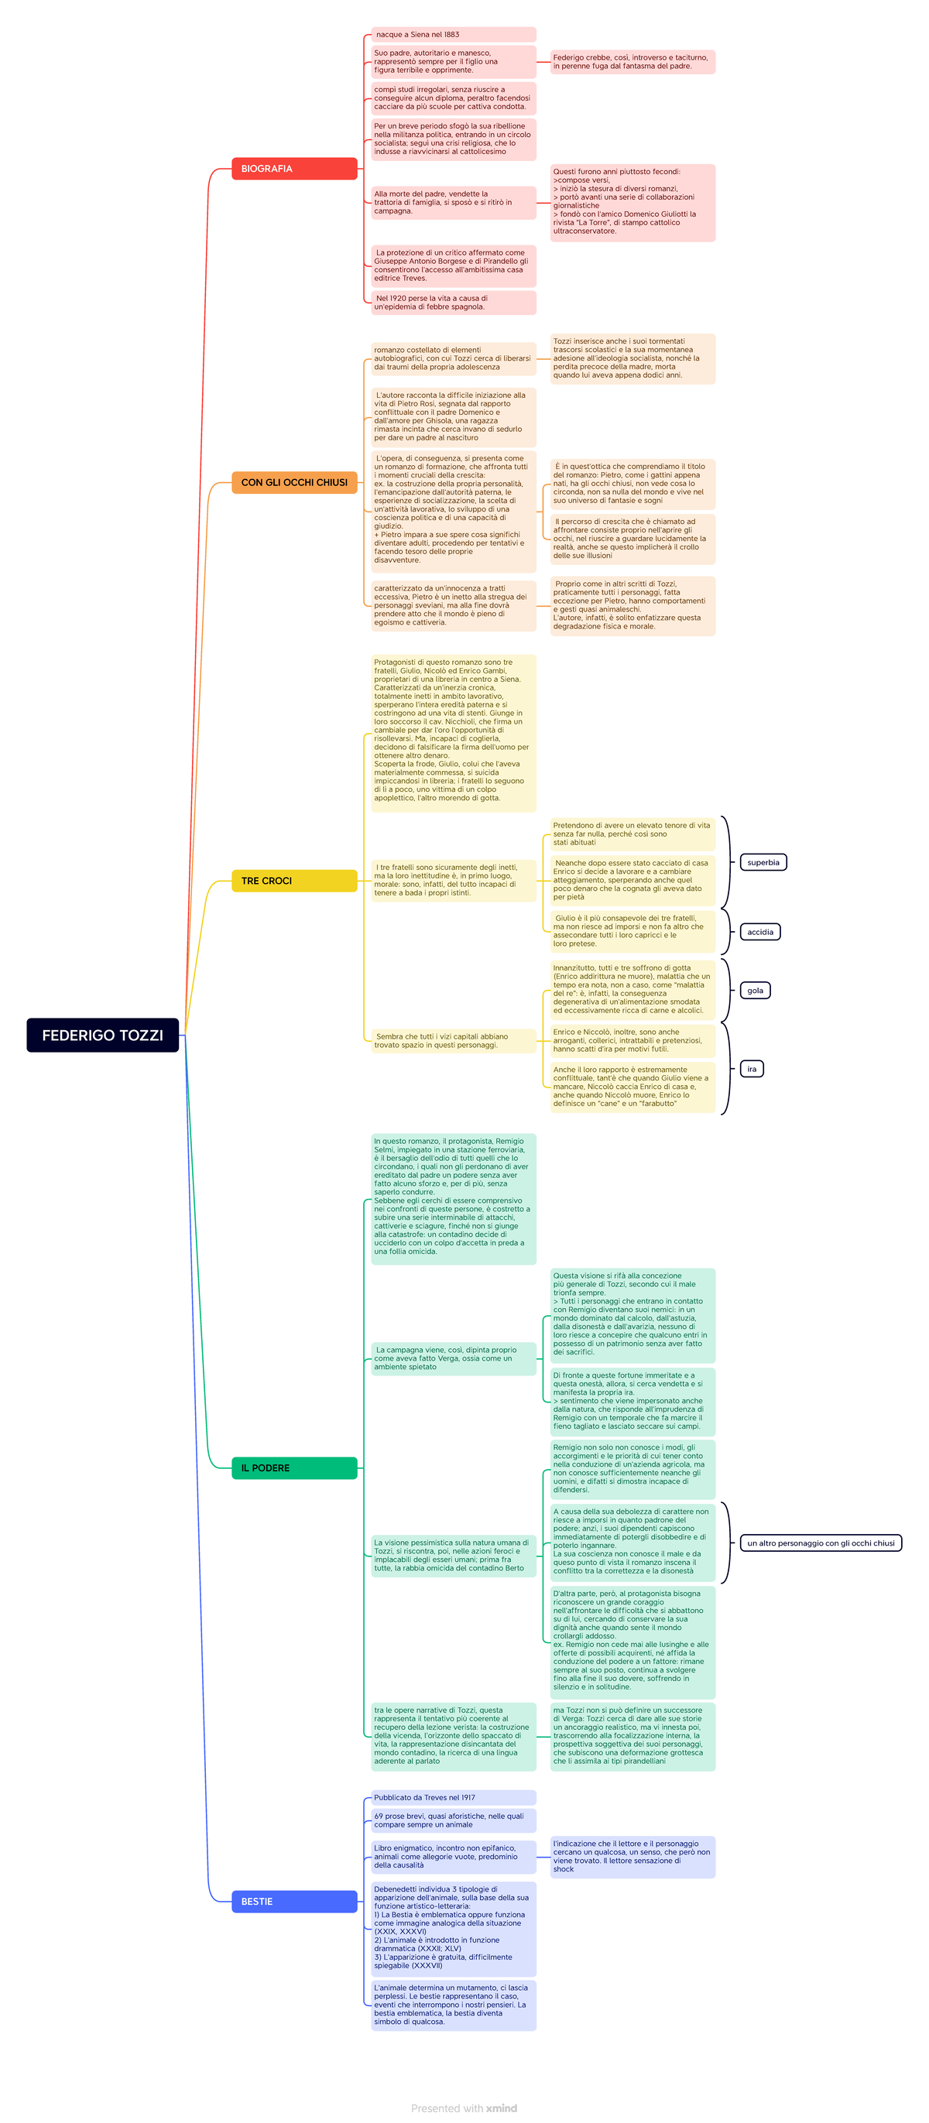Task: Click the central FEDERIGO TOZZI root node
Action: (102, 1034)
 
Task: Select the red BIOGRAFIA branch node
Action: (293, 168)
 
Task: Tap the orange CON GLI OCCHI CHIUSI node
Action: (293, 482)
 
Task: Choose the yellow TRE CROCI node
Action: (293, 880)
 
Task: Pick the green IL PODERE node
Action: (293, 1467)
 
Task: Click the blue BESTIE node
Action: (293, 1902)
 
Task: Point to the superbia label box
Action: (763, 862)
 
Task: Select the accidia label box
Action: (759, 932)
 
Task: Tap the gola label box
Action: (754, 991)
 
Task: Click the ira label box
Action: (751, 1069)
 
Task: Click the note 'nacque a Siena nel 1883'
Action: (454, 35)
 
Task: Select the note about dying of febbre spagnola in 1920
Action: (454, 303)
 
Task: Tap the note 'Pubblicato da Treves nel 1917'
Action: (454, 1797)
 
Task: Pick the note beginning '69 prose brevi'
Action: (454, 1820)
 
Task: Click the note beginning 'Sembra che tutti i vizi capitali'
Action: (454, 1041)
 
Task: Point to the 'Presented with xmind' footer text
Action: (464, 2108)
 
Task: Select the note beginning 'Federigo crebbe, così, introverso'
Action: (632, 62)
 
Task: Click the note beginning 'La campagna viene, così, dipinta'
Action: (454, 1358)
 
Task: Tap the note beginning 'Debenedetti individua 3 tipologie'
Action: (454, 1929)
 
